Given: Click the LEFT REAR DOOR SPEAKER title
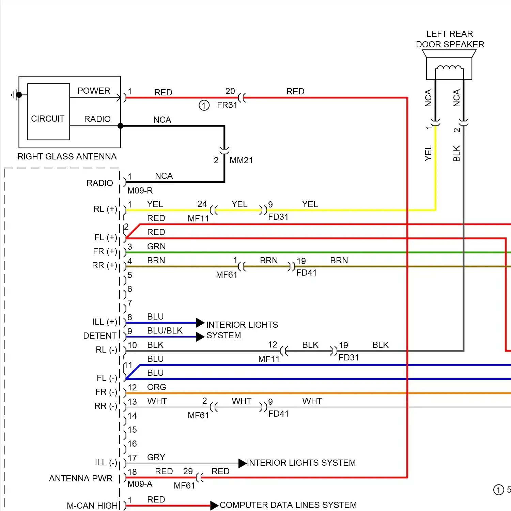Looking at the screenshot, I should coord(450,39).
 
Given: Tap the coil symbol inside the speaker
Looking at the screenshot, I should coord(449,68).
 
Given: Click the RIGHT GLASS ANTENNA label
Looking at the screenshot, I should coord(67,156).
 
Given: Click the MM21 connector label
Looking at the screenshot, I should coord(241,160).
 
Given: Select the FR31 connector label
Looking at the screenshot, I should coord(227,105).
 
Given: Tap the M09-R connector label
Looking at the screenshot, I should coord(140,190).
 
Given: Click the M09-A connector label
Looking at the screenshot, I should coord(140,484).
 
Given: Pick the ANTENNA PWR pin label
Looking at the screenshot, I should coord(81,478).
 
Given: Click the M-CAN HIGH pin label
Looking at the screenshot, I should coord(92,506).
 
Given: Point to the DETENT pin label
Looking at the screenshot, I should coord(100,336).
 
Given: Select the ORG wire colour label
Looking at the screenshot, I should coord(157,387).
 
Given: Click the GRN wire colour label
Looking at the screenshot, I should coord(156,246).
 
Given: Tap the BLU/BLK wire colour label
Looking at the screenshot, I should coord(165,330).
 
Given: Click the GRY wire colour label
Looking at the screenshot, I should coord(156,457).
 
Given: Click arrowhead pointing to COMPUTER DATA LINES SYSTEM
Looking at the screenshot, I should coord(214,506).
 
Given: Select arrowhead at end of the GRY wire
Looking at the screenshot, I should coord(242,463).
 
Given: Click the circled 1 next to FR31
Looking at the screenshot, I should coord(204,105).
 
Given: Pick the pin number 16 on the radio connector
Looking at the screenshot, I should coord(132,444).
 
